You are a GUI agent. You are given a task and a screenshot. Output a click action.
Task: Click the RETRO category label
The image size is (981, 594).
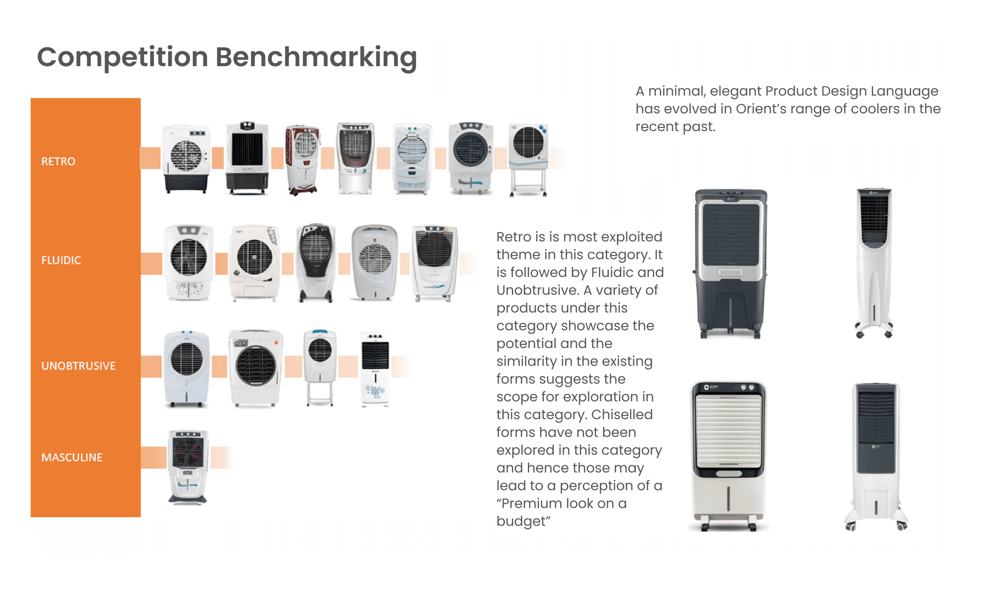pos(58,161)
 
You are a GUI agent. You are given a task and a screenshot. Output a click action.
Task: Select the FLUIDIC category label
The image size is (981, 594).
pos(61,260)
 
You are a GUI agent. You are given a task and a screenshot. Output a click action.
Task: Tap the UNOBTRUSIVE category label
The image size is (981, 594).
pos(78,366)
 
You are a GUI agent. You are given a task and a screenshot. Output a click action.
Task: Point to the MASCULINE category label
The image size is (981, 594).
pos(72,457)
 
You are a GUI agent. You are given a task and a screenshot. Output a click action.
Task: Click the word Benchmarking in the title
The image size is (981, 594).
pos(316,57)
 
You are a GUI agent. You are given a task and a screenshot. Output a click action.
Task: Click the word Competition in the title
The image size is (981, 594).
pos(123,57)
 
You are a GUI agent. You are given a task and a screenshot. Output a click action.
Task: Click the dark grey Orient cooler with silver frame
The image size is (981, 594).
pos(730,264)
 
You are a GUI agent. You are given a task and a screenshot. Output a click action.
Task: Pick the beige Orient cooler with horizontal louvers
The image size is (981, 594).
pos(728,456)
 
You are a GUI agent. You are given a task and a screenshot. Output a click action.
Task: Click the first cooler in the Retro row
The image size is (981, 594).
pos(186,159)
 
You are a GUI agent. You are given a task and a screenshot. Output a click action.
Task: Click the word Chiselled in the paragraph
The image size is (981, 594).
pos(621,415)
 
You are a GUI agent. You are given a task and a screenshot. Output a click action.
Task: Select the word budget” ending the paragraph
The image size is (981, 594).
pos(523,521)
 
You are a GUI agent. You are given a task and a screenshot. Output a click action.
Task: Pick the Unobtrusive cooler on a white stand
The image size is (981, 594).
pos(320,368)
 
